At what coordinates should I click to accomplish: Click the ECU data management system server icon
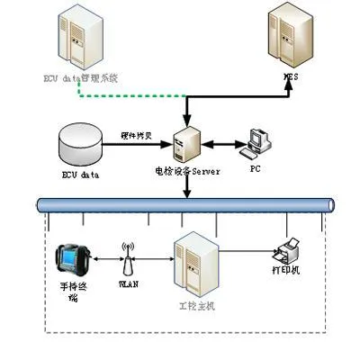pyautogui.click(x=79, y=39)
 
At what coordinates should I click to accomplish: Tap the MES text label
pyautogui.click(x=289, y=77)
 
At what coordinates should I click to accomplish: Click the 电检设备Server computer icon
pyautogui.click(x=186, y=144)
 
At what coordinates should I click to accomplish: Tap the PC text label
pyautogui.click(x=256, y=167)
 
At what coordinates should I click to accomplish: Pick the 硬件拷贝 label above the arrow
pyautogui.click(x=135, y=134)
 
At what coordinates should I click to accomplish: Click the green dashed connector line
pyautogui.click(x=135, y=93)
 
